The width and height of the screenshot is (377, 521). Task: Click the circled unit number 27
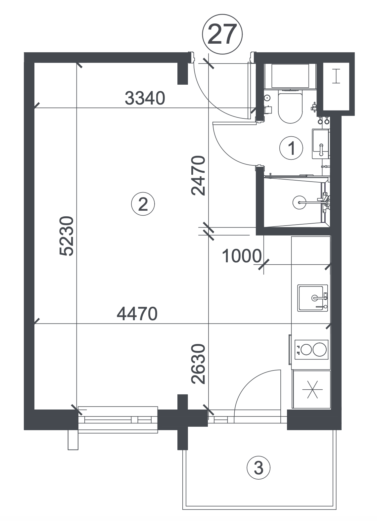[x=222, y=34]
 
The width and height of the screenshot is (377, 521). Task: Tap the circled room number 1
[x=291, y=148]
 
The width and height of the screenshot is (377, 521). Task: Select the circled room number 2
[x=143, y=204]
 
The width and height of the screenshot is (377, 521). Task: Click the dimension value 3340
[x=145, y=98]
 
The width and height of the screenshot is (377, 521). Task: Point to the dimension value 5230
[x=67, y=236]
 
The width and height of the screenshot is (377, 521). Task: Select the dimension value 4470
[x=137, y=314]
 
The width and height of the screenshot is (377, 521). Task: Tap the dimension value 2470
[x=198, y=176]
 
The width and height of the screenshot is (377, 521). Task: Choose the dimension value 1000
[x=242, y=256]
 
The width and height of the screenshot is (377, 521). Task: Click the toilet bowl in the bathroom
[x=290, y=108]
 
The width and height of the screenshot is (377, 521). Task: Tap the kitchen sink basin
[x=312, y=298]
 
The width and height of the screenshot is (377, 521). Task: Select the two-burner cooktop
[x=311, y=350]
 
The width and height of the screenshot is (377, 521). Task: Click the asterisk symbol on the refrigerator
[x=312, y=389]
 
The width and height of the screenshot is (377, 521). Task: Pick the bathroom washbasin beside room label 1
[x=321, y=144]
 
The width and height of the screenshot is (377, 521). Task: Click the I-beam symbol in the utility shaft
[x=336, y=76]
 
